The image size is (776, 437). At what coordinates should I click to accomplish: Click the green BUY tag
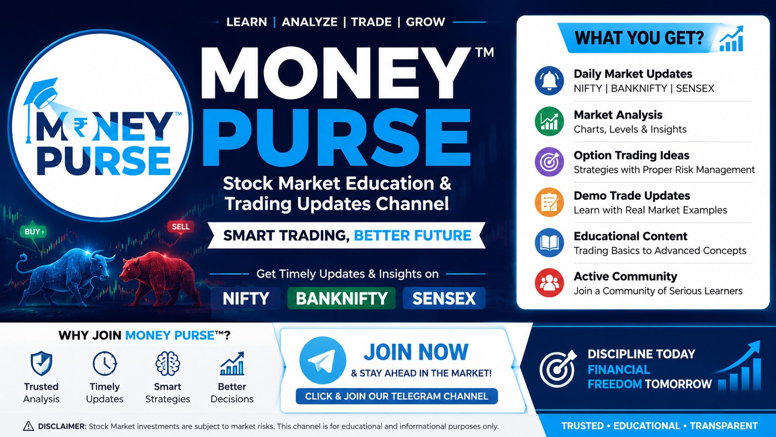[33, 231]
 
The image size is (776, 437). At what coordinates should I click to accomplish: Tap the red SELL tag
[181, 227]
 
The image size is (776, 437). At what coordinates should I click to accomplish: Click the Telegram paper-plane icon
[323, 360]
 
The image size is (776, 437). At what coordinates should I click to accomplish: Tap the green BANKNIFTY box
[342, 299]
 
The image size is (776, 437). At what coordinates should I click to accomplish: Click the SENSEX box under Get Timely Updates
[444, 299]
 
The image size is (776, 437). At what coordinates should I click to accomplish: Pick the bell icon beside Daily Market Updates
[549, 81]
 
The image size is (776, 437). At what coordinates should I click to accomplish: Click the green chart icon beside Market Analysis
[549, 121]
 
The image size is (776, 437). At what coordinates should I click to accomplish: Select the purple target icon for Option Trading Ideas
[549, 162]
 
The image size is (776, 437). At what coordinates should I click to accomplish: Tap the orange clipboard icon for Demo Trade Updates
[549, 202]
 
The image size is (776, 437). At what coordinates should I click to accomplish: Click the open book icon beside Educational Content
[549, 242]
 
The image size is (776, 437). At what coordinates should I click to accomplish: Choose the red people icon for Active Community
[549, 283]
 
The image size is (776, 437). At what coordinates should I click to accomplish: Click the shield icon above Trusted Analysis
[41, 363]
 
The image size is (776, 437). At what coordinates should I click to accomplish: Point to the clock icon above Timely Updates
[104, 364]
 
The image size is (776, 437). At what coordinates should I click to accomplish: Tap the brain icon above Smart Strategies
[168, 364]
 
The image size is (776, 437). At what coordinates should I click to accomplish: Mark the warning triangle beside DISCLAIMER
[28, 426]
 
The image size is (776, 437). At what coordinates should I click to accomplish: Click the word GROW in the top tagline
[426, 22]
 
